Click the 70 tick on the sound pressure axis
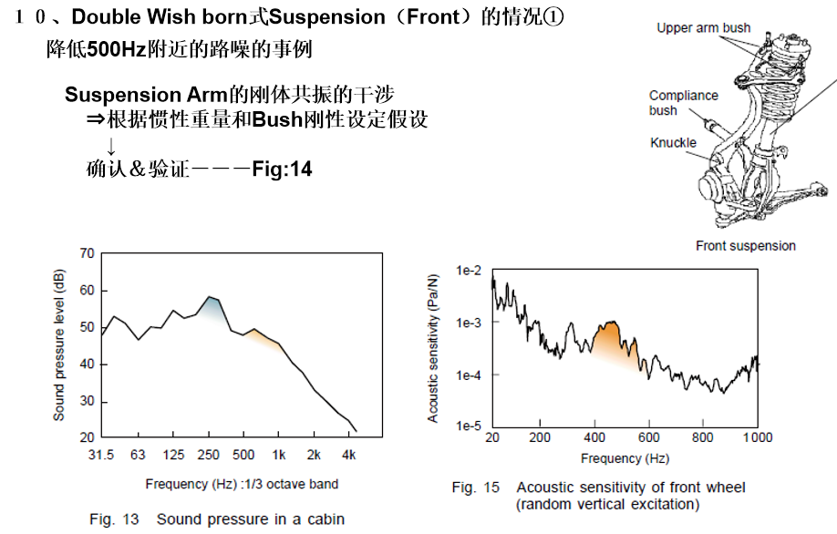coord(87,252)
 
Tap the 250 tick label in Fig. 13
coord(209,454)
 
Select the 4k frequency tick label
coord(349,454)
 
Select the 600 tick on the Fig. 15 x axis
coord(648,437)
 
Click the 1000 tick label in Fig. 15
coord(757,437)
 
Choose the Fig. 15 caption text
coord(598,496)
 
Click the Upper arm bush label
coord(703,28)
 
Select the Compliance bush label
coord(683,103)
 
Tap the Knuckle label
coord(673,143)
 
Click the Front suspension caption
coord(745,246)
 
